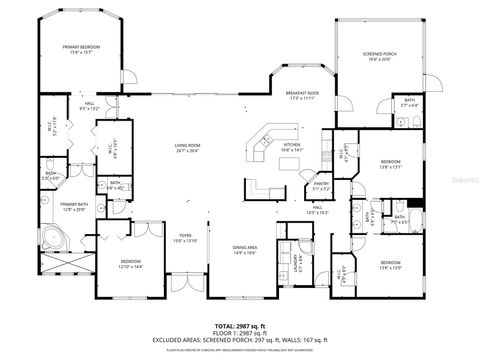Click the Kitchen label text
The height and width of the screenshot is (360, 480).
[x=291, y=147]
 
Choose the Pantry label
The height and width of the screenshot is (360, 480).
[x=323, y=185]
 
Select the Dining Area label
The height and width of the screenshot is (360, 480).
[x=245, y=249]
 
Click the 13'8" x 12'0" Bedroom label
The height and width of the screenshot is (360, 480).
[x=390, y=265]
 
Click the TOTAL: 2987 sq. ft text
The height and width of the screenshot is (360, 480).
[x=240, y=326]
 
